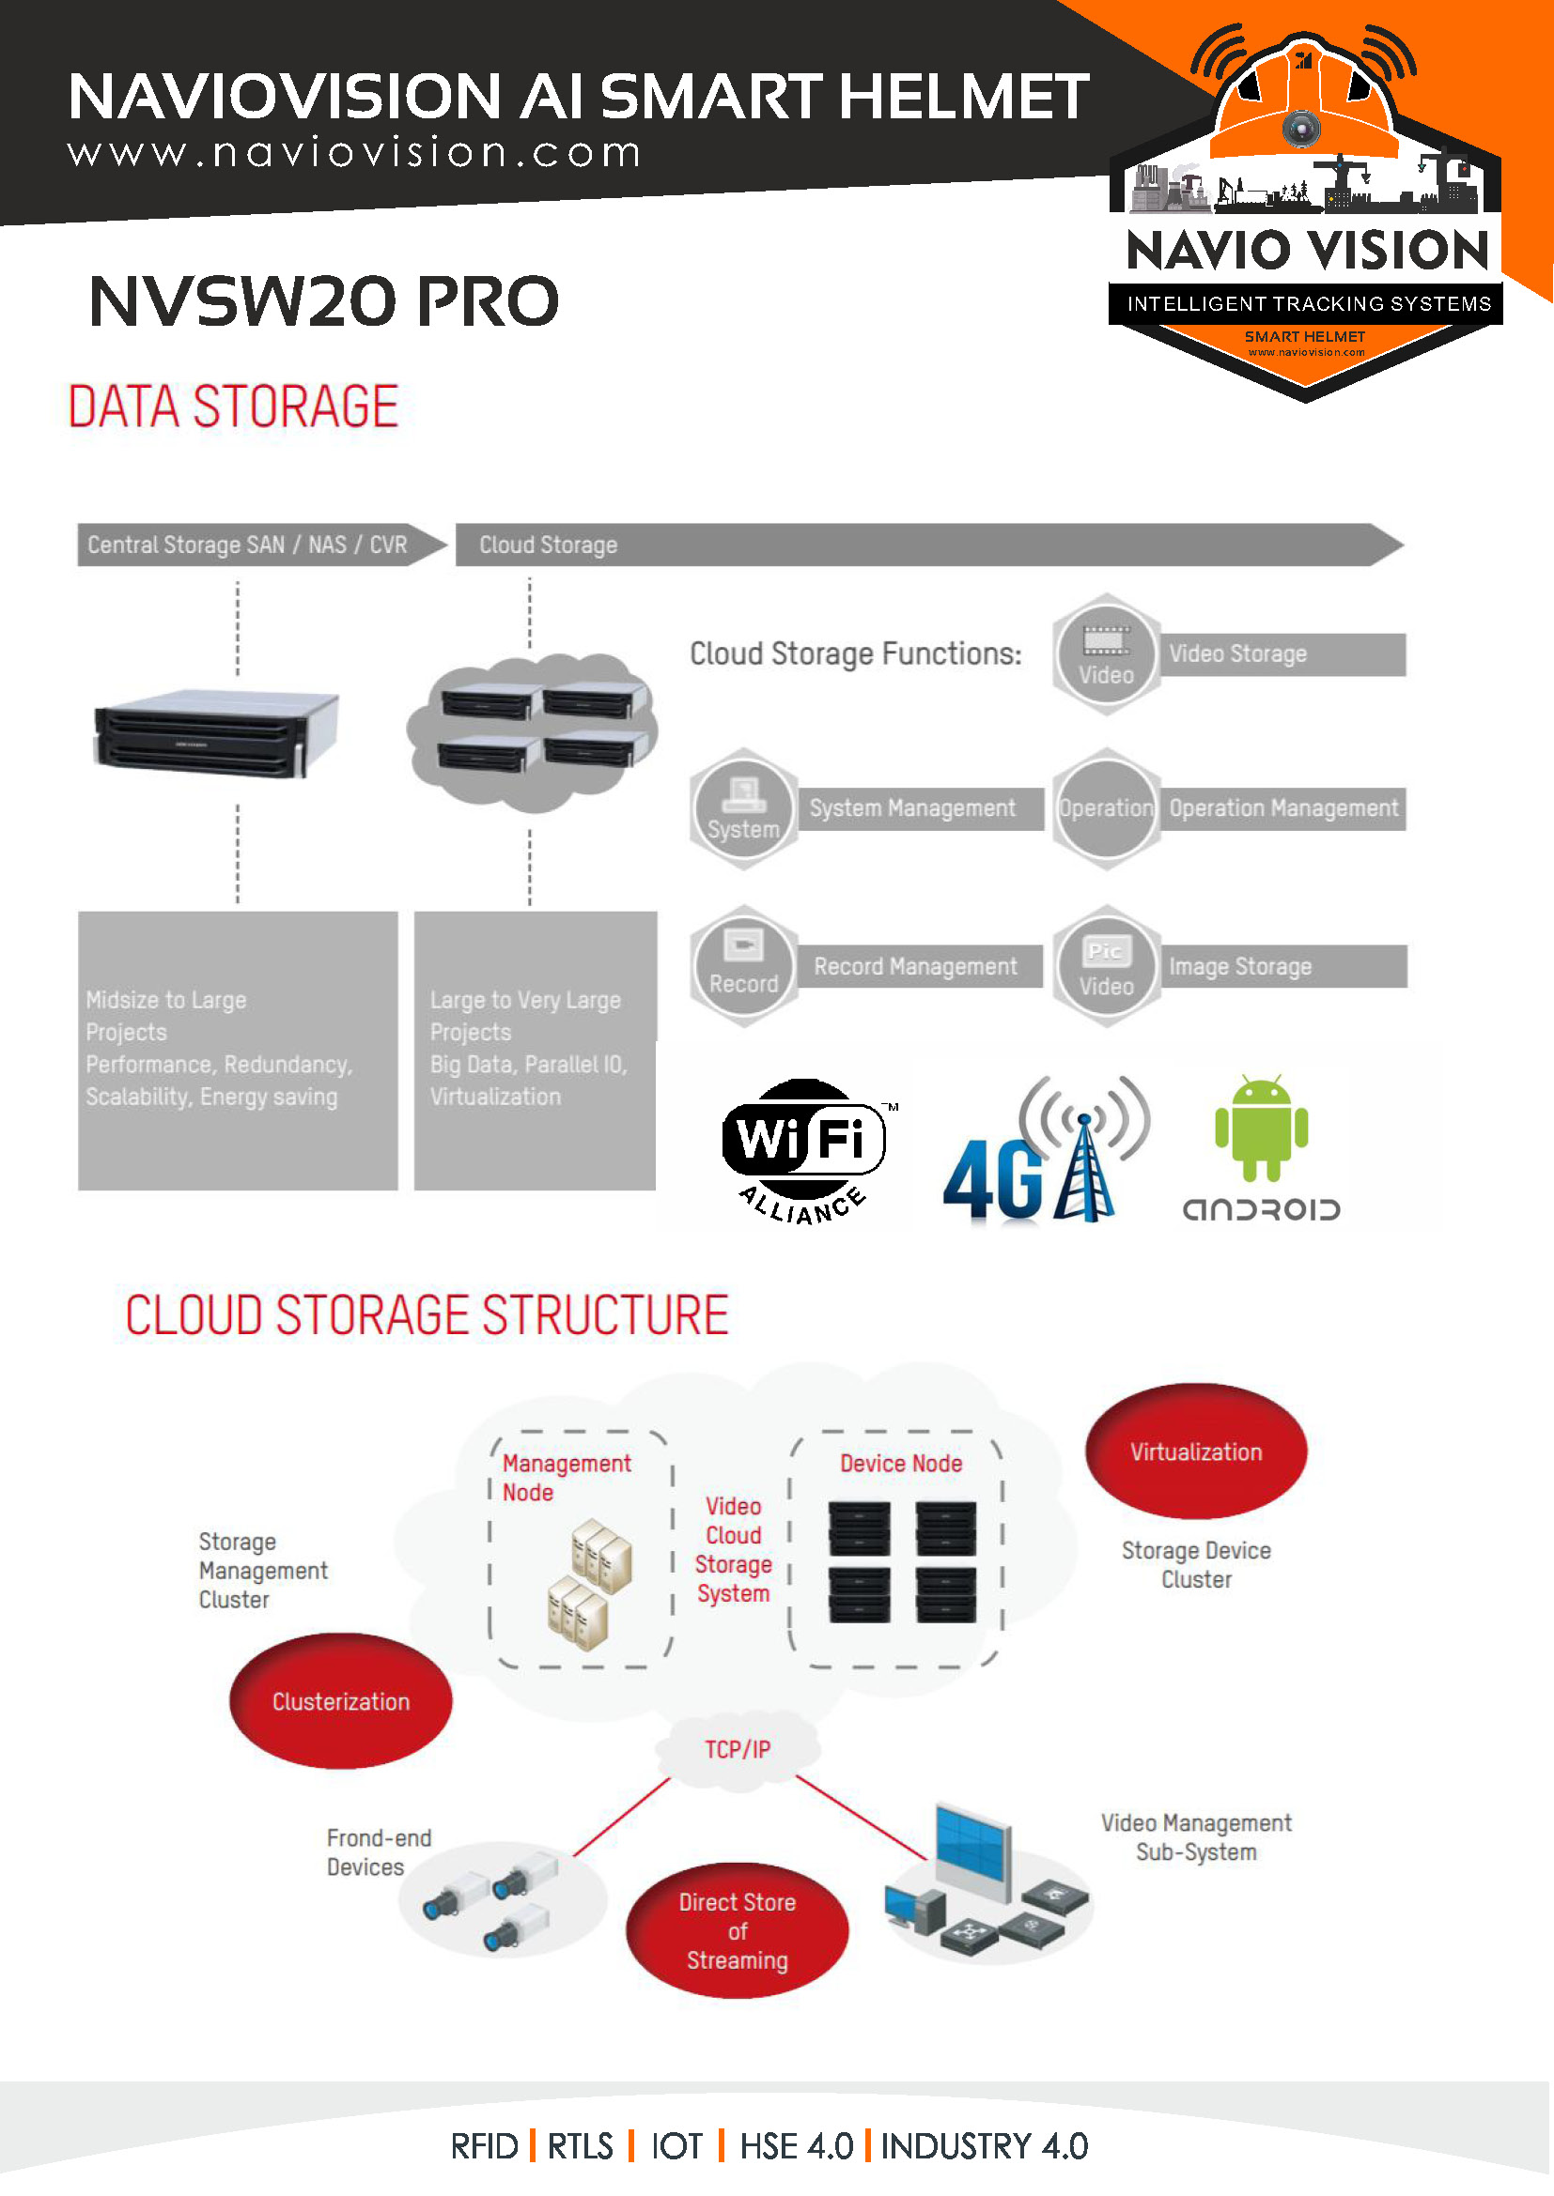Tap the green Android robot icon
(x=1260, y=1129)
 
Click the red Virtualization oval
(x=1195, y=1451)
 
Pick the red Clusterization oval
(x=341, y=1700)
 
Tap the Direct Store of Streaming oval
(x=737, y=1930)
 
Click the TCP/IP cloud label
(x=737, y=1749)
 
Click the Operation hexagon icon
(x=1106, y=809)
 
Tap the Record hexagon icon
(x=743, y=966)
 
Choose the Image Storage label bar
(x=1282, y=966)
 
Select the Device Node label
(x=900, y=1464)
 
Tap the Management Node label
(x=566, y=1477)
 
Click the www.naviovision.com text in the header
(x=354, y=153)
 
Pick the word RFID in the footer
(x=484, y=2146)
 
